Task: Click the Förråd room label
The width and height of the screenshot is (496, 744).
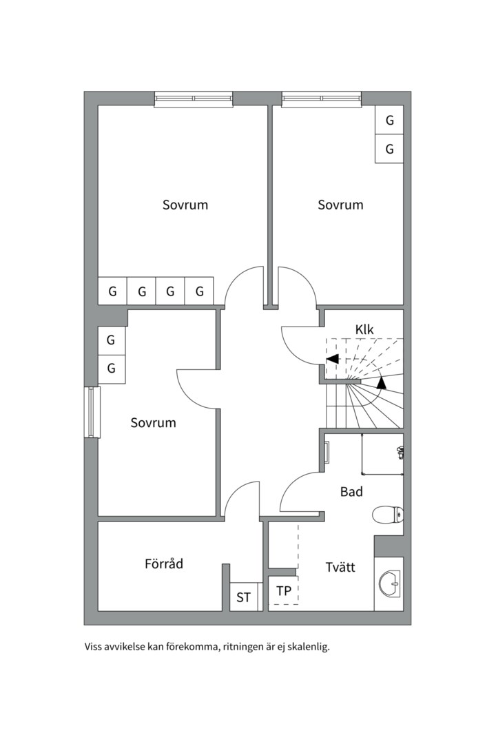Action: [x=164, y=564]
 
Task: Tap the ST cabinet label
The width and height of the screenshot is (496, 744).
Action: [x=243, y=597]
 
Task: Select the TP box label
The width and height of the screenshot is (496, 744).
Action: [x=283, y=591]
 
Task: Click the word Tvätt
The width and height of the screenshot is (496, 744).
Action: [x=340, y=568]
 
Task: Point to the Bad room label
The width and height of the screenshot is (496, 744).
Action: [x=351, y=492]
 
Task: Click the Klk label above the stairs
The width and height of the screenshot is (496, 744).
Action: [x=364, y=330]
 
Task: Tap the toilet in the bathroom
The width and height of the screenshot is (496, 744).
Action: [x=388, y=515]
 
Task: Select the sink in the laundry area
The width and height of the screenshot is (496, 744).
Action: [x=389, y=585]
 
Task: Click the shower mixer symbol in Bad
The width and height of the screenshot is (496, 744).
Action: [x=400, y=451]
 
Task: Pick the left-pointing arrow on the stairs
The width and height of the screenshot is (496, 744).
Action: [x=332, y=359]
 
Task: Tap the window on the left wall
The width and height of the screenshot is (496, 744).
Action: [x=92, y=412]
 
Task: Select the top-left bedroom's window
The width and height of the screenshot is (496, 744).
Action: [x=194, y=99]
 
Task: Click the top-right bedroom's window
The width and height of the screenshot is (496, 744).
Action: [x=322, y=99]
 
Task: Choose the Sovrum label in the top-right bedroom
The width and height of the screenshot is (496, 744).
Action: [x=340, y=205]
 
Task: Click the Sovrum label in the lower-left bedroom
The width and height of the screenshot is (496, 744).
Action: [x=153, y=422]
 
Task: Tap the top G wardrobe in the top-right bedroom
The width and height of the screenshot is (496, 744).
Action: [x=389, y=121]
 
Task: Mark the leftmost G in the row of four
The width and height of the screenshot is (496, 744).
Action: [x=112, y=291]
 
